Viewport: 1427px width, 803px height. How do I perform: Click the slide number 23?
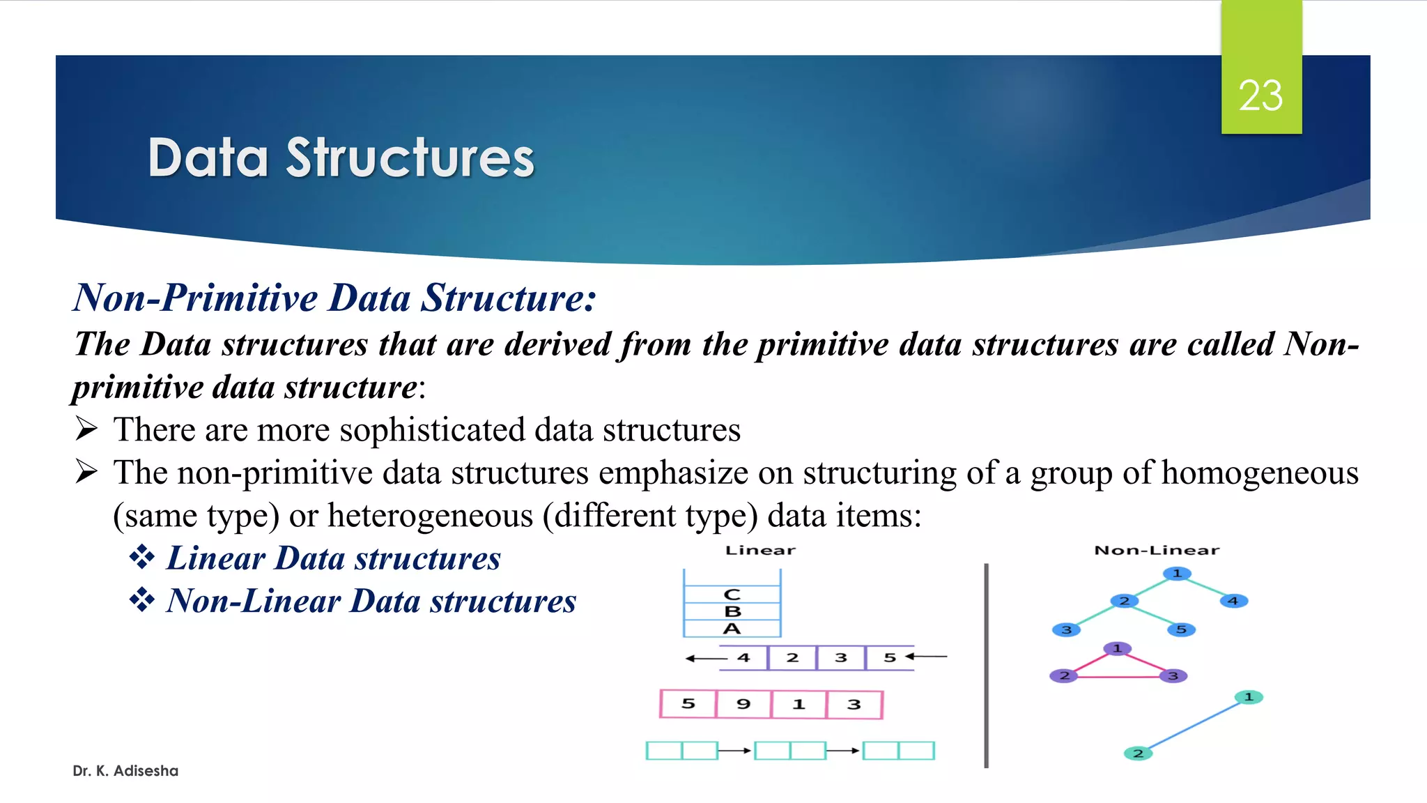click(1260, 95)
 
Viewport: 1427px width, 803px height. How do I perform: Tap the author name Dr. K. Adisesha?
click(125, 771)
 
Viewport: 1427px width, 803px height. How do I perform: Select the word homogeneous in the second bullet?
click(1260, 473)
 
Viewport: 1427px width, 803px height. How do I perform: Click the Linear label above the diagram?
click(760, 551)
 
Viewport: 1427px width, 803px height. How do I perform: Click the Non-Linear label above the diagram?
click(1157, 551)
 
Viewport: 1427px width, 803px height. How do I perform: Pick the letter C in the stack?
click(732, 595)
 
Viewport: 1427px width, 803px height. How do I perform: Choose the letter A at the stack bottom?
click(732, 629)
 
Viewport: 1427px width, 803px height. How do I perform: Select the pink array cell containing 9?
click(743, 704)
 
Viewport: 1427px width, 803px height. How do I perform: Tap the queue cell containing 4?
click(743, 657)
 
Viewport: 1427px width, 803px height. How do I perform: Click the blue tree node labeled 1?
click(1177, 574)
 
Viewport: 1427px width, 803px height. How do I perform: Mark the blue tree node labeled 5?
click(1181, 629)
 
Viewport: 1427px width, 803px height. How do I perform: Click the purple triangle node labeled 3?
click(1173, 675)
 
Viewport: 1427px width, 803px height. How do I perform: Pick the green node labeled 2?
click(1138, 753)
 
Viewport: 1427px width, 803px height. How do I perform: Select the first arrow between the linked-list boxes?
click(735, 751)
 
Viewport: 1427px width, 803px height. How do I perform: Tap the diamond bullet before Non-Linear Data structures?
click(142, 600)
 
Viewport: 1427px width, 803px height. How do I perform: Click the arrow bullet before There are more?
click(86, 429)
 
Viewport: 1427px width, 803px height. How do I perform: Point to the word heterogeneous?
click(430, 517)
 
